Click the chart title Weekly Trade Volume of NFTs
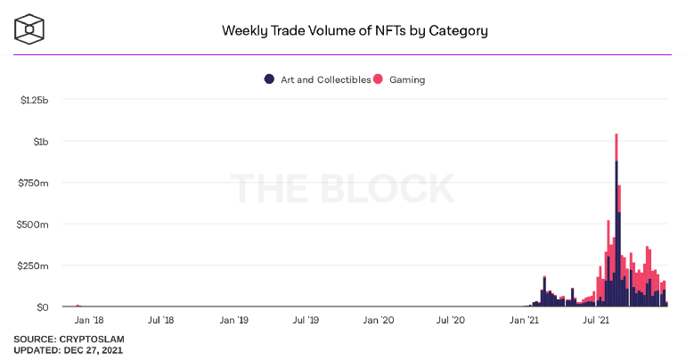355,31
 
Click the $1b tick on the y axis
41,142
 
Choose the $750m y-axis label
34,183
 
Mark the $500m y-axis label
34,225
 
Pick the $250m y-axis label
34,266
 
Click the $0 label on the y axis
42,307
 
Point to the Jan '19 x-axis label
234,319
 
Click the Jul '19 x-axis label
307,319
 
